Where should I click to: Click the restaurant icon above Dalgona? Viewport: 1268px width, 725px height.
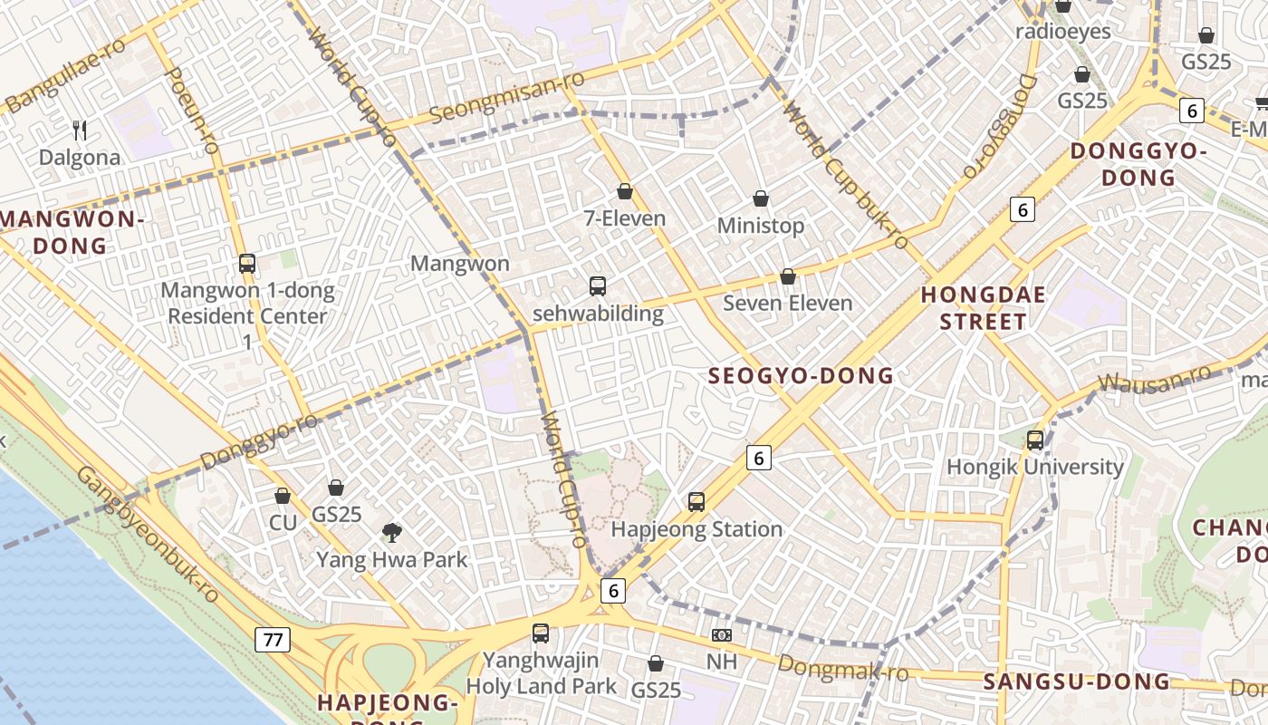click(80, 130)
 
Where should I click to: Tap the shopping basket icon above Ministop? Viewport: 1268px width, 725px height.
click(761, 198)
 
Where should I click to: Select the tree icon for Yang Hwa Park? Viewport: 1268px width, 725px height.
click(391, 532)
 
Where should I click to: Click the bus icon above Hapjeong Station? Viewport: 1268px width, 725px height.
click(696, 501)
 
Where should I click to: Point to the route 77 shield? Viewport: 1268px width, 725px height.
click(272, 640)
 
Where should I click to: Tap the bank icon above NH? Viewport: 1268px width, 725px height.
click(721, 635)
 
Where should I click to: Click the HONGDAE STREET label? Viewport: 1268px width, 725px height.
click(983, 308)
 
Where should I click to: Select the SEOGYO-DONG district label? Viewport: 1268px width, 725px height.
click(801, 376)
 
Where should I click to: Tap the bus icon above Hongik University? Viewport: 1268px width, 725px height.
click(1034, 440)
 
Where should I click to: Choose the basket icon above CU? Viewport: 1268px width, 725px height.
click(283, 496)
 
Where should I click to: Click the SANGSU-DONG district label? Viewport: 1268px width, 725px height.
click(1077, 681)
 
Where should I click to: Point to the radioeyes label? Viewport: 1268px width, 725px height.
click(1062, 31)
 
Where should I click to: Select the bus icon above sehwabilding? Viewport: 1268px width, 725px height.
click(597, 286)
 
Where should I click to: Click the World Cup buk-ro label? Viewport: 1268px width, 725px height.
click(846, 177)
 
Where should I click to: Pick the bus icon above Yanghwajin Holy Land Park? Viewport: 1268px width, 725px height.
click(541, 633)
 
